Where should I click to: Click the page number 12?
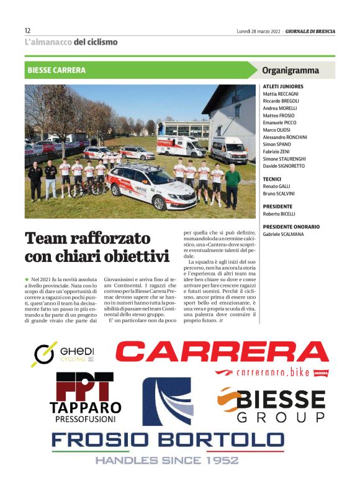(x=27, y=30)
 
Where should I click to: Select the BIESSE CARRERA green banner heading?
(x=56, y=70)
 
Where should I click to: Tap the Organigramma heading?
(x=290, y=70)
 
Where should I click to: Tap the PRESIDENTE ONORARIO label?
(x=291, y=227)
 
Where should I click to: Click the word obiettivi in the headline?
(x=132, y=256)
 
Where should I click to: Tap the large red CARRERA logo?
(x=222, y=352)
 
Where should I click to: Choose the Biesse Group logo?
(x=273, y=404)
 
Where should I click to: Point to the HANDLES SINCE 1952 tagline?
(x=167, y=460)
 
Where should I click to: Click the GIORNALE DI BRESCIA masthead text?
(x=309, y=30)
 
